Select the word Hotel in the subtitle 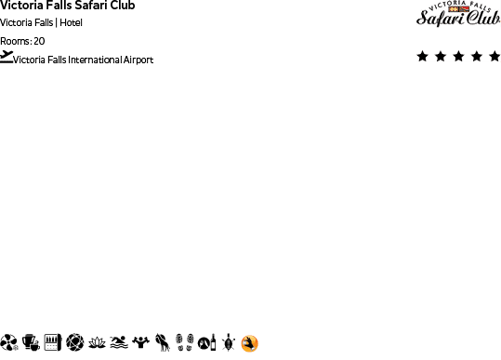pos(72,23)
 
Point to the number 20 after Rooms pos(39,41)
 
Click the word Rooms pos(15,41)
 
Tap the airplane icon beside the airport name pos(7,57)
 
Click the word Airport pos(137,60)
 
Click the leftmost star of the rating pos(423,57)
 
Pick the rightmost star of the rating pos(494,57)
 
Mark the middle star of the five pos(458,57)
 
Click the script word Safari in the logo pos(437,18)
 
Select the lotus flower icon pos(97,343)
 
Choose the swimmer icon pos(118,343)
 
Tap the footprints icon pos(184,343)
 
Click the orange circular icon pos(249,344)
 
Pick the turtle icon pos(228,343)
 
